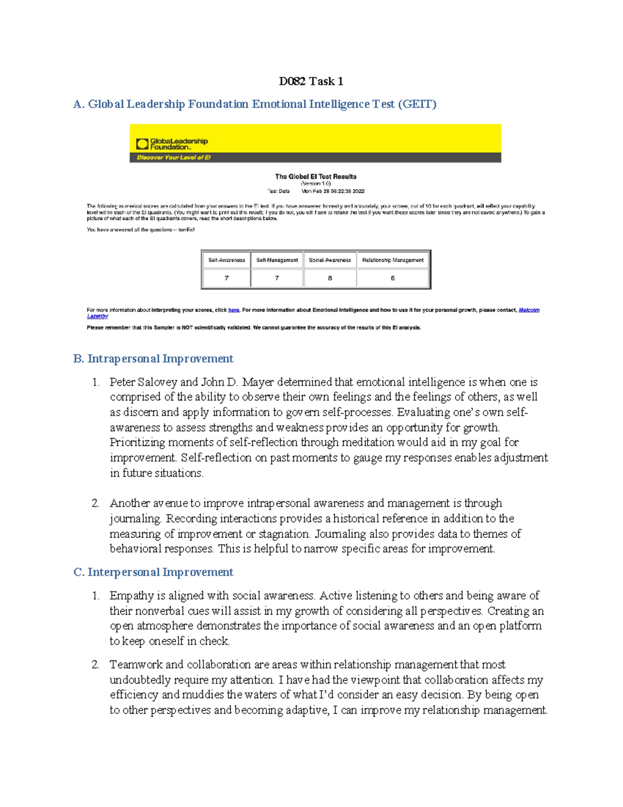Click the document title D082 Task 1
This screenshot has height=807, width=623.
click(x=310, y=81)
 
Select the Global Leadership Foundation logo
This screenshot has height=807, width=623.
click(x=172, y=144)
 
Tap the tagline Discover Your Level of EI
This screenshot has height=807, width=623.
click(x=173, y=157)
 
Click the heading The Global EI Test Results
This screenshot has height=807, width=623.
click(x=316, y=177)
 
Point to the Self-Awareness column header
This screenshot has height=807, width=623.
click(x=226, y=260)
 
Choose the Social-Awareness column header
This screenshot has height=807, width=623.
click(x=330, y=260)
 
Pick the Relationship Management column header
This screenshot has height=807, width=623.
click(x=393, y=260)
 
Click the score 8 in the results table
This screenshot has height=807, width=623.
click(x=330, y=278)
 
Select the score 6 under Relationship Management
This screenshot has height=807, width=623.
click(x=392, y=278)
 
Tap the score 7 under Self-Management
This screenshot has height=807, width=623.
click(x=277, y=278)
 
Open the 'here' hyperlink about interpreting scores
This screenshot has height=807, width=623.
click(x=234, y=310)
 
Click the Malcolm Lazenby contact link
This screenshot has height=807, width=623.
click(x=529, y=310)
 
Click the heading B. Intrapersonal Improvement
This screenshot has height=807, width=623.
click(x=153, y=359)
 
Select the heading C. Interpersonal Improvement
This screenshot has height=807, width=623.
click(x=153, y=572)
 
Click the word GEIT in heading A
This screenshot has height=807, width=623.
click(x=417, y=104)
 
